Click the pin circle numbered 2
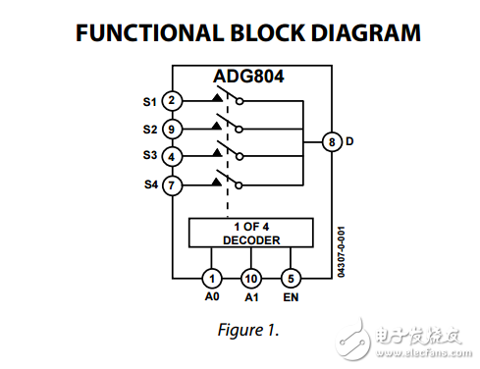pyautogui.click(x=172, y=100)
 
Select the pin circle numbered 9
pyautogui.click(x=172, y=128)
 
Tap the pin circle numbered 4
pyautogui.click(x=172, y=155)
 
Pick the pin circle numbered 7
pyautogui.click(x=172, y=183)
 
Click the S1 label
pyautogui.click(x=149, y=100)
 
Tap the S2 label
pyautogui.click(x=149, y=129)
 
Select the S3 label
pyautogui.click(x=149, y=156)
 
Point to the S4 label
pyautogui.click(x=149, y=184)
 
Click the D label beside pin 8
pyautogui.click(x=349, y=141)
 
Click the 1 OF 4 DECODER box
pyautogui.click(x=250, y=233)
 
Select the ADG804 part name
pyautogui.click(x=249, y=77)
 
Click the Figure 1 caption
pyautogui.click(x=247, y=330)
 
